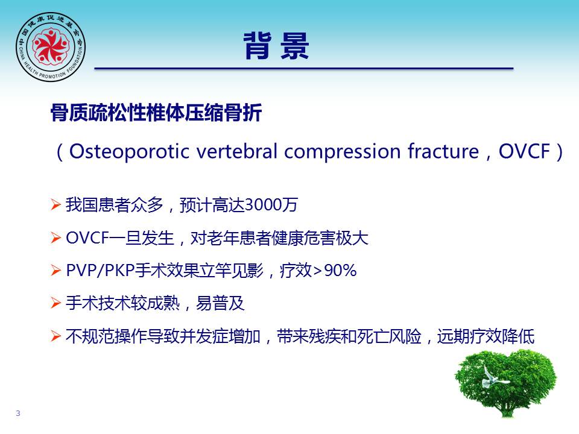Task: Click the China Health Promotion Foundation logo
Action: (51, 47)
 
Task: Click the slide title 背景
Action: (276, 46)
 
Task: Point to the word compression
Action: (343, 152)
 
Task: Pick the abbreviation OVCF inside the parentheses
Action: (524, 151)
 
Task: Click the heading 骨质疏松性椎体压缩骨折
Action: (156, 112)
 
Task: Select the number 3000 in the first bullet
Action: (263, 205)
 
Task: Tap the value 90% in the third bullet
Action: (340, 271)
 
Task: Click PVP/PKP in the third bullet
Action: (100, 271)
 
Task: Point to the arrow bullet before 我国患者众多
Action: (55, 204)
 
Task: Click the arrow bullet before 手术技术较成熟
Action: (55, 303)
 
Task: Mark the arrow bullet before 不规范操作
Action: (55, 336)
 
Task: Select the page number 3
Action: (18, 414)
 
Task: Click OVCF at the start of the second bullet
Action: (87, 237)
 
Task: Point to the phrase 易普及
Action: (220, 303)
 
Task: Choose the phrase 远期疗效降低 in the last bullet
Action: (486, 336)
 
